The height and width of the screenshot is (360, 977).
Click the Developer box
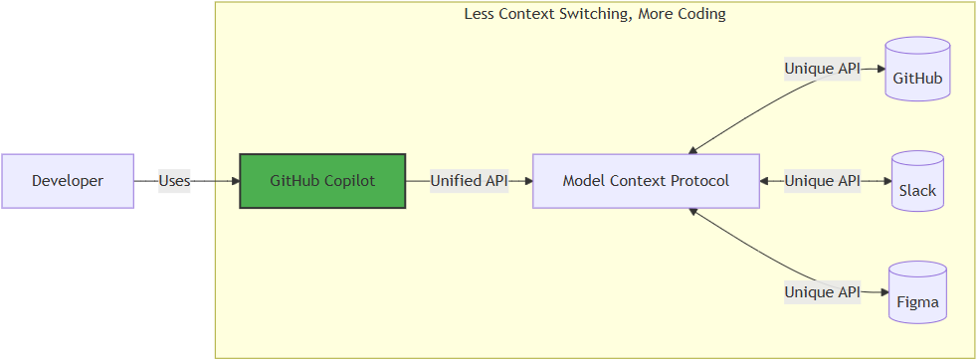[x=68, y=181]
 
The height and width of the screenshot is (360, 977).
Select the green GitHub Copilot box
[x=322, y=181]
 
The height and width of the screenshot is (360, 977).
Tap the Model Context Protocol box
[x=646, y=181]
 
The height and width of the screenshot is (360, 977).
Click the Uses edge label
[x=174, y=181]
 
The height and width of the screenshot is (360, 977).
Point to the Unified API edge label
[x=469, y=181]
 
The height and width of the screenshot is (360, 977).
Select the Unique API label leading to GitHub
[x=822, y=70]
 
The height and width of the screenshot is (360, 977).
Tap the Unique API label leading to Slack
[x=822, y=181]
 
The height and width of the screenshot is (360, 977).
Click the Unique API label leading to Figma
[x=822, y=292]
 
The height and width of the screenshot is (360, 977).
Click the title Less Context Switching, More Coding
[x=595, y=14]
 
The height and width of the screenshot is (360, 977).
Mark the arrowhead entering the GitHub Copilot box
[x=235, y=181]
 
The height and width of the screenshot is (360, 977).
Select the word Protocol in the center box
[x=698, y=181]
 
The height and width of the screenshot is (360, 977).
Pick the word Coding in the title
[x=701, y=14]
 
